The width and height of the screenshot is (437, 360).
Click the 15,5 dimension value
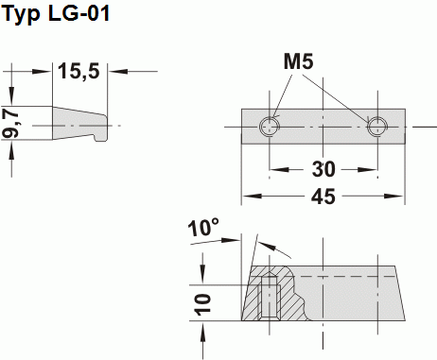pyautogui.click(x=79, y=72)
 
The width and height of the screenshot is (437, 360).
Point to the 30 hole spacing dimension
pyautogui.click(x=323, y=171)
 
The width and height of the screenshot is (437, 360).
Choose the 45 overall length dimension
pyautogui.click(x=323, y=198)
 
